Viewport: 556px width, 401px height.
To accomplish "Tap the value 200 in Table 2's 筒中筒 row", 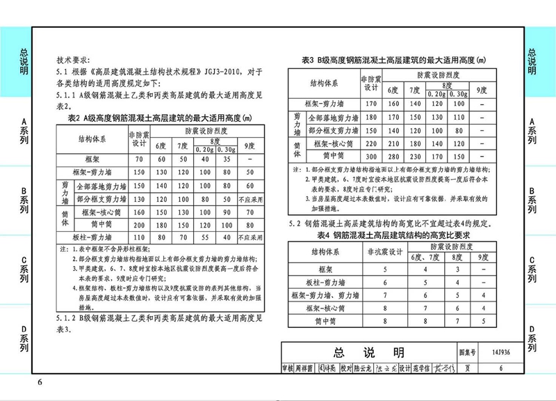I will point(138,225).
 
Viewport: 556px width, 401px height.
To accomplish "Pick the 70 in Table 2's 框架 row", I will point(138,159).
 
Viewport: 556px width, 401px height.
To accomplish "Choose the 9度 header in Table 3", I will point(481,90).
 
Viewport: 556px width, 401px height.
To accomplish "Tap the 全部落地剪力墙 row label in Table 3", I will point(329,116).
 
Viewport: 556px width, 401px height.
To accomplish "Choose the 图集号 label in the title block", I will point(467,353).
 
